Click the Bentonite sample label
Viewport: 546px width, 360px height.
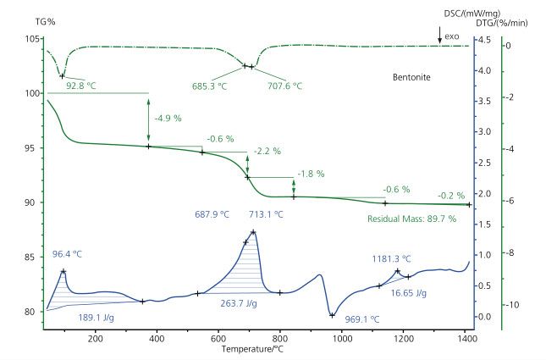pyautogui.click(x=411, y=77)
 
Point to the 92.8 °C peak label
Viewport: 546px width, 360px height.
pyautogui.click(x=82, y=86)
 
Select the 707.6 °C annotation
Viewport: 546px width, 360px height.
pyautogui.click(x=284, y=86)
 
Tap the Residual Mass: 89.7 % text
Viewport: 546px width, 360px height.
pyautogui.click(x=411, y=219)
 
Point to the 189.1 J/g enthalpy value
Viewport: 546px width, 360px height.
pyautogui.click(x=96, y=318)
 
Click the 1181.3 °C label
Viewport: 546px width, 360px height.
pyautogui.click(x=391, y=259)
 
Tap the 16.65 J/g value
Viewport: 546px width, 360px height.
pyautogui.click(x=408, y=292)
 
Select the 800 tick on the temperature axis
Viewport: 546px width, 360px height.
pyautogui.click(x=280, y=338)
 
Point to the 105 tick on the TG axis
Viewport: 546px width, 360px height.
pyautogui.click(x=33, y=39)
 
